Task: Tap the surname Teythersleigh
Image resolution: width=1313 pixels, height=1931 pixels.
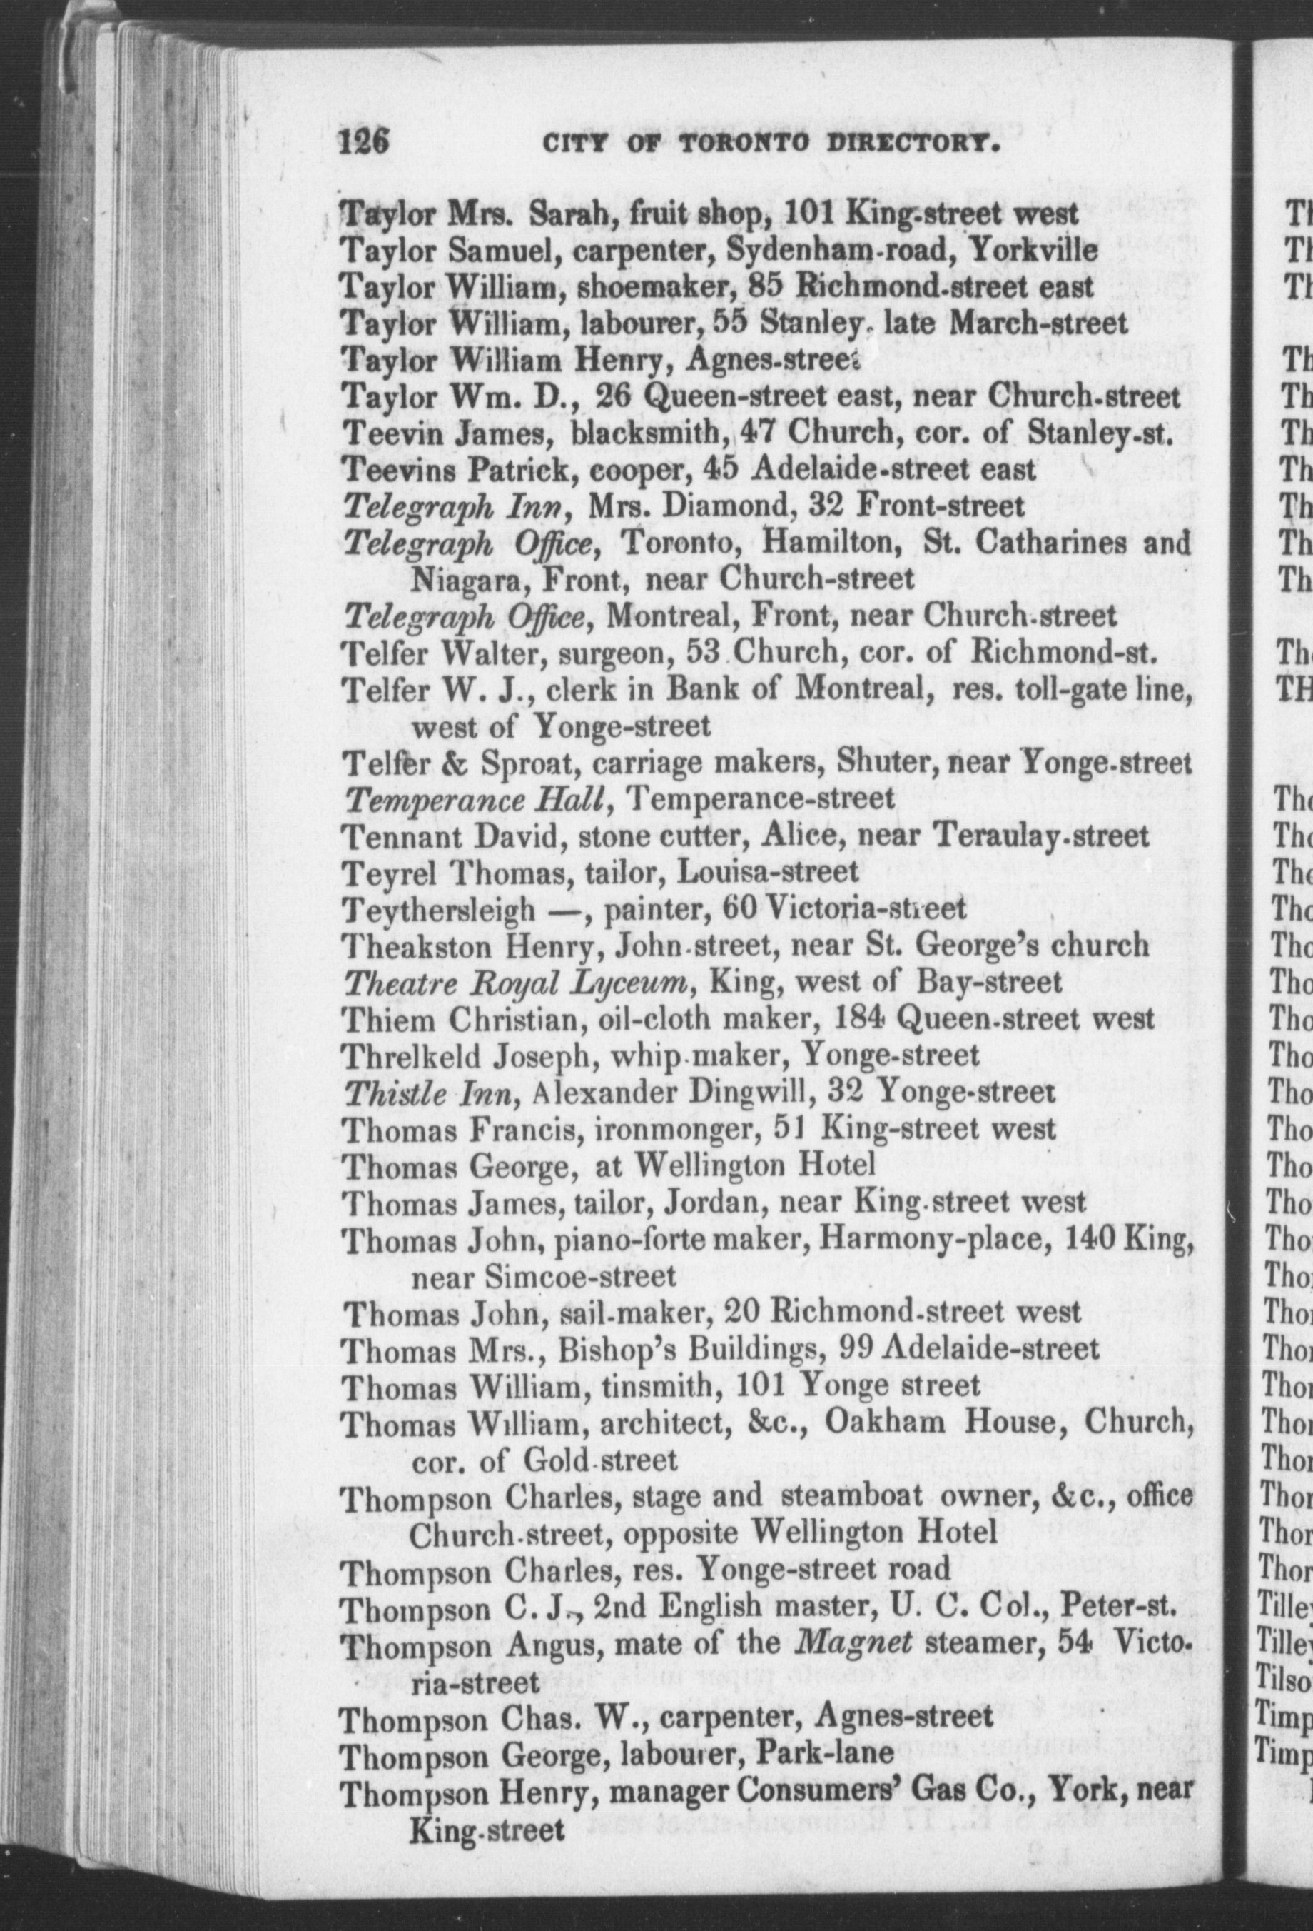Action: [x=438, y=908]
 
